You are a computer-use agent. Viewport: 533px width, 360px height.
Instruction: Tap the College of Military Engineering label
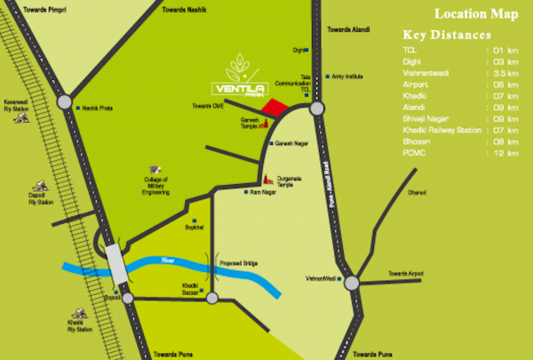point(156,183)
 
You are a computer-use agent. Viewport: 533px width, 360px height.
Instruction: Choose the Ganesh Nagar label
point(296,142)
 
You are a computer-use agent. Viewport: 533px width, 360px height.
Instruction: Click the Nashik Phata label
point(96,108)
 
